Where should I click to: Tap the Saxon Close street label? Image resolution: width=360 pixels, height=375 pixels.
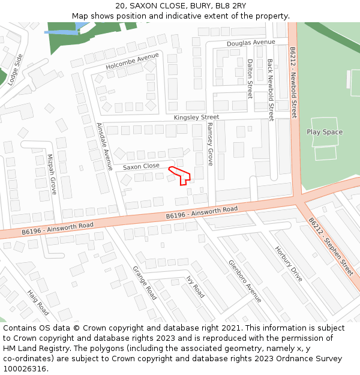click(x=141, y=166)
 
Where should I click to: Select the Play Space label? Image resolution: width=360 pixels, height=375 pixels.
click(x=325, y=132)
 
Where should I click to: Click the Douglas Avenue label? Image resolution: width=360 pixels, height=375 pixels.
click(x=251, y=43)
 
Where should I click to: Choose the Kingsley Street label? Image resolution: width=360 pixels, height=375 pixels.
click(x=196, y=117)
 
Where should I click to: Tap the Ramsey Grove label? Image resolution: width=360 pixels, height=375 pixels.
click(x=210, y=145)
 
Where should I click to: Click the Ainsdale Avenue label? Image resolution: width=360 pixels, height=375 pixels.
click(x=104, y=146)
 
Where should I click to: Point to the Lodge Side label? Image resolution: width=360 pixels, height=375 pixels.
click(x=15, y=69)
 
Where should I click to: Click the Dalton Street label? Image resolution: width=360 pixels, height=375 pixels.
click(x=250, y=79)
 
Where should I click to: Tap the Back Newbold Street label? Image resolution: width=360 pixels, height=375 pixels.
click(x=271, y=90)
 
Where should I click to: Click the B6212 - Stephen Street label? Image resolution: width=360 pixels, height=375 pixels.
click(x=331, y=246)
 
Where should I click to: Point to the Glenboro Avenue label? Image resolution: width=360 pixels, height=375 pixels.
click(x=244, y=280)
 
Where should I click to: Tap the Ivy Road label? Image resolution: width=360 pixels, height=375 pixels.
click(x=196, y=287)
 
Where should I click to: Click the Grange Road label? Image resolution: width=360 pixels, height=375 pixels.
click(x=145, y=283)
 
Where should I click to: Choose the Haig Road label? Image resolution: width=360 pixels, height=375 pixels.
click(x=38, y=303)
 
